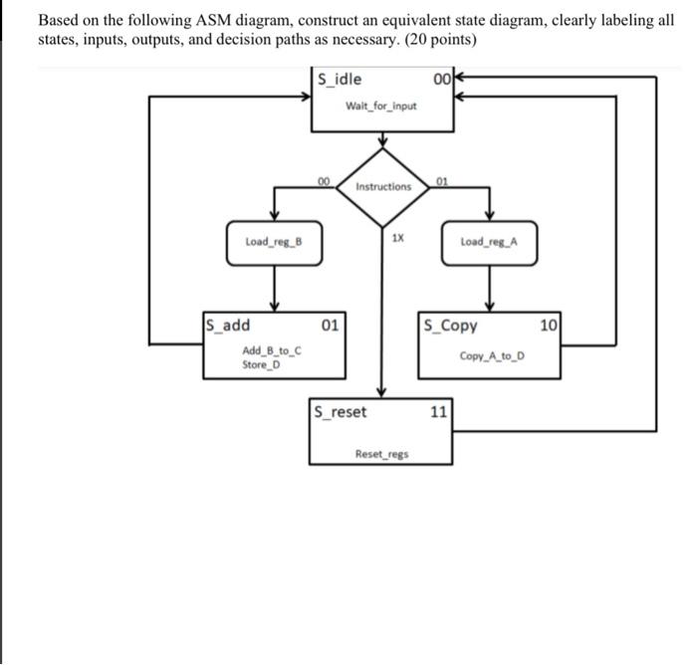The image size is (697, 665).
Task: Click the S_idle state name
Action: click(341, 80)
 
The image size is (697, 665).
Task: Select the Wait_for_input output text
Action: click(380, 106)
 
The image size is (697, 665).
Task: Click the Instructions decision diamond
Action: click(383, 186)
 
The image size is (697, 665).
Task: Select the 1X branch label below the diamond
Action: click(397, 238)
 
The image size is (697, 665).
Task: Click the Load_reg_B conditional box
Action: click(274, 243)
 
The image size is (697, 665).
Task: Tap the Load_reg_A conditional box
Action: click(489, 243)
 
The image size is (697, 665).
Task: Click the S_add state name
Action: click(228, 325)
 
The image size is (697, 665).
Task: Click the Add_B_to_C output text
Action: click(272, 350)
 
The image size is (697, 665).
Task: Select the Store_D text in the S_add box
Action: click(262, 363)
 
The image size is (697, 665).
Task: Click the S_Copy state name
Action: click(450, 325)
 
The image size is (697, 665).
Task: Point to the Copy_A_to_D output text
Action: click(492, 355)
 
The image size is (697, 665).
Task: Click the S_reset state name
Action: click(340, 411)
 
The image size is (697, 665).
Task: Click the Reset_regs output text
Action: click(381, 454)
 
